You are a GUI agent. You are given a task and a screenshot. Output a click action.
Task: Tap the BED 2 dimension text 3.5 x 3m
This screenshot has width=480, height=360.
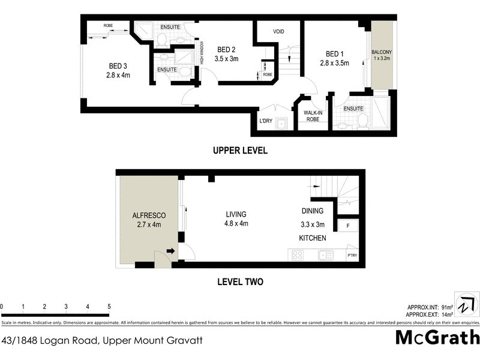(x=227, y=59)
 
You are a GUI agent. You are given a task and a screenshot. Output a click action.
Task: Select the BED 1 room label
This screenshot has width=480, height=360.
(x=334, y=53)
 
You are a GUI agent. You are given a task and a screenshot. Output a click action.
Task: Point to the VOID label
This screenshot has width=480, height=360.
(x=278, y=32)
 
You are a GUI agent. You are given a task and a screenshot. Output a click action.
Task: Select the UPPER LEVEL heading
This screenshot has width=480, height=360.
(x=240, y=151)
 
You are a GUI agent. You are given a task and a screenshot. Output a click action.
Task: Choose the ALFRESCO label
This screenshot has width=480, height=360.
(x=148, y=215)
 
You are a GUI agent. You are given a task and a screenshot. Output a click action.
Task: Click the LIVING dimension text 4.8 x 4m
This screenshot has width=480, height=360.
(x=236, y=224)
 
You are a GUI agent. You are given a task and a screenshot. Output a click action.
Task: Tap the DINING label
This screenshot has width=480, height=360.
(x=313, y=211)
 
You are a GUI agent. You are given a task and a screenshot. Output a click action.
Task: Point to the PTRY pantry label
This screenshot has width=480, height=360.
(x=352, y=256)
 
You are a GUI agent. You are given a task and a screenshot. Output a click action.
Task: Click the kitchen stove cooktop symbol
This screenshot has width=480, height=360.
(x=298, y=255)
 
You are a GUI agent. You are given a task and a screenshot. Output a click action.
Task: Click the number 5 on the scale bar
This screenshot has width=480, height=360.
(x=109, y=307)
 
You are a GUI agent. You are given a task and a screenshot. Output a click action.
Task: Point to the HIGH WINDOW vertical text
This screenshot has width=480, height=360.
(x=203, y=52)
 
